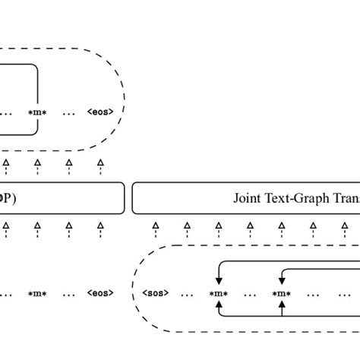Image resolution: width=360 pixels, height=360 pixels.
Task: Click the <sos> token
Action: point(156,314)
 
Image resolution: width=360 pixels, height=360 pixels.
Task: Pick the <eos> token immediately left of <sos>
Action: point(100,314)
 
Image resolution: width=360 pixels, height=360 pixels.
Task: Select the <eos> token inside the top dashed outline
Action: point(100,111)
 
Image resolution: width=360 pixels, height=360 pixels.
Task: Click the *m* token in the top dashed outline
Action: point(37,111)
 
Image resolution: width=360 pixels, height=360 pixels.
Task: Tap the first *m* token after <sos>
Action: point(219,314)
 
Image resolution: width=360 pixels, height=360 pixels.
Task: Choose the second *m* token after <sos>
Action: point(282,314)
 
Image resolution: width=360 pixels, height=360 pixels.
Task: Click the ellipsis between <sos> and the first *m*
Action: point(188,314)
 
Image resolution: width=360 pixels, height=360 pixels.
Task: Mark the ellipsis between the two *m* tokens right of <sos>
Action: point(251,314)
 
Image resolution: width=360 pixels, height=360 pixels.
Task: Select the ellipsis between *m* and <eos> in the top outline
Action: point(69,111)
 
